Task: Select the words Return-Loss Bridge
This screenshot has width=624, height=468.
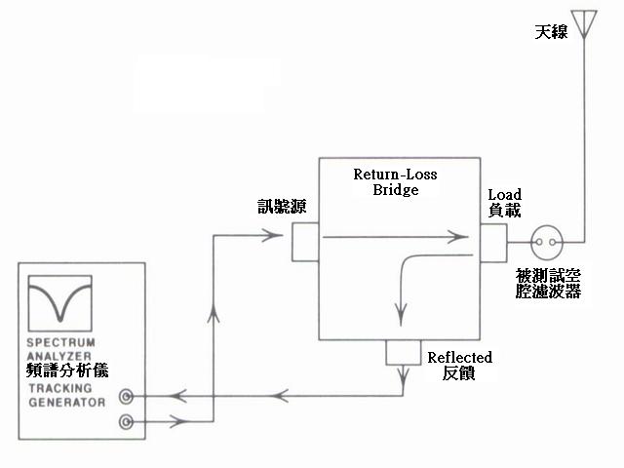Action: [395, 181]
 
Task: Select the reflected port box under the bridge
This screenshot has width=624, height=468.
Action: [402, 352]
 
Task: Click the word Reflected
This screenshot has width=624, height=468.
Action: [460, 357]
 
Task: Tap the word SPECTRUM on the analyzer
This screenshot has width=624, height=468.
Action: [61, 342]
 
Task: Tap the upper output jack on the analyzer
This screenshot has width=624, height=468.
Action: [127, 397]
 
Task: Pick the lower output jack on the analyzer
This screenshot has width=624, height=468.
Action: [127, 421]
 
